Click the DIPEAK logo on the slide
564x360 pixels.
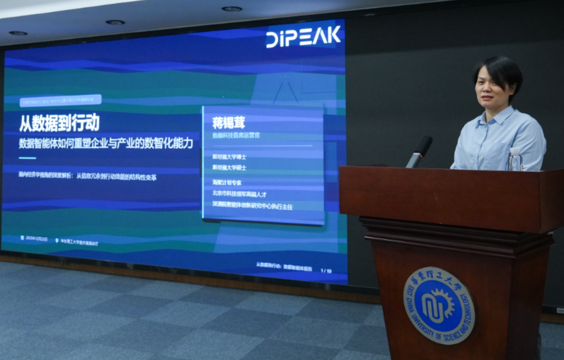click(303, 37)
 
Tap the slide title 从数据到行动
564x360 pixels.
click(59, 123)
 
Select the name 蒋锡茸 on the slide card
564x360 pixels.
click(229, 123)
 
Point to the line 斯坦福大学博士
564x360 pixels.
click(229, 156)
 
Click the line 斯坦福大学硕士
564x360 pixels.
click(229, 168)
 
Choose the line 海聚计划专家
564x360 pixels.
click(227, 182)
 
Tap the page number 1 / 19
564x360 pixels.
click(326, 271)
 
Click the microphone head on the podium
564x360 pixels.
click(423, 145)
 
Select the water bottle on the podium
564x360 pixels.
click(515, 159)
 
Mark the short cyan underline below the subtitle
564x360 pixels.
click(27, 158)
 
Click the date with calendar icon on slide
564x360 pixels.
click(34, 238)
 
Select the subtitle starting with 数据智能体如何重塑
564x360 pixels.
click(106, 143)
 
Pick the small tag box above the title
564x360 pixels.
click(60, 100)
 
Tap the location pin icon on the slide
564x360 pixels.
click(57, 239)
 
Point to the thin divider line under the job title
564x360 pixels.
click(262, 146)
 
